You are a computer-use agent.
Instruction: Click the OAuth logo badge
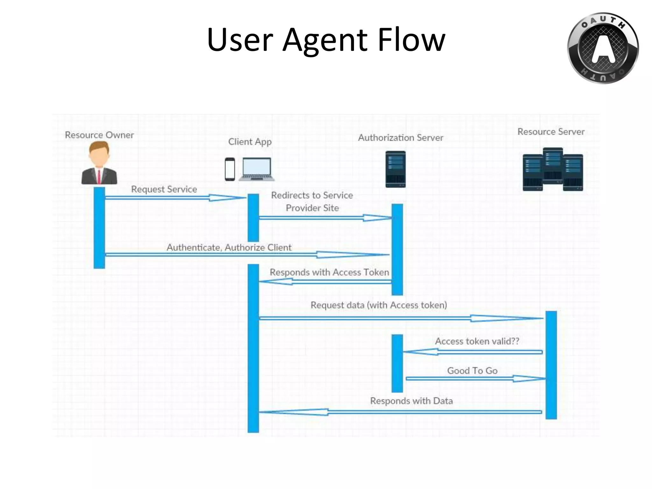603,48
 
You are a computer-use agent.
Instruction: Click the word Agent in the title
325,40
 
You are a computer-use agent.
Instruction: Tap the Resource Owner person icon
99,163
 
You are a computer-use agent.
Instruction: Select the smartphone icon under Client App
230,169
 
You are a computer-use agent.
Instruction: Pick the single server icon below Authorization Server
395,169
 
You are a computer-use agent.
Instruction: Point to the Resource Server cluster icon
553,169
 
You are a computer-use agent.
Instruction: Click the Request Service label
164,189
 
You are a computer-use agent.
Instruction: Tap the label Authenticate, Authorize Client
229,247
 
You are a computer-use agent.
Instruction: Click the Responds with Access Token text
329,272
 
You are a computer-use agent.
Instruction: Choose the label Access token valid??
477,341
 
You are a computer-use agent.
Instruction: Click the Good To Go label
472,371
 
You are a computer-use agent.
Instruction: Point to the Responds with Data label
411,401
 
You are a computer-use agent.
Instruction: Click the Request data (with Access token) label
379,305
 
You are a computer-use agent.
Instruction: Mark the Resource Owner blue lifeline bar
99,228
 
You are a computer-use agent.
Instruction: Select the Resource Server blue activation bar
551,365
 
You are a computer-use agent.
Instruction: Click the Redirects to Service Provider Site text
312,202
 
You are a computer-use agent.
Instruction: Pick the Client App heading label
250,142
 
